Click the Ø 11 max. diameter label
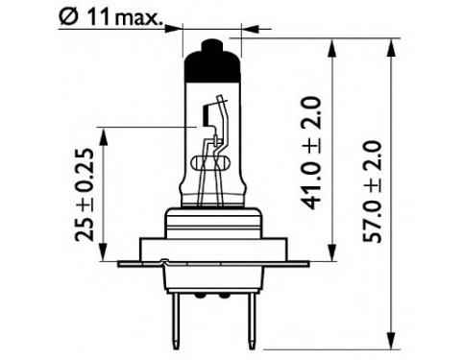(x=110, y=18)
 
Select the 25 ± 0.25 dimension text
(x=85, y=195)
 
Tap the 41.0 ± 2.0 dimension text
(x=310, y=153)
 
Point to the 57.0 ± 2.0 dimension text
(x=372, y=191)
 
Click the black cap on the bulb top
(x=211, y=64)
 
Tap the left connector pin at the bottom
(x=176, y=321)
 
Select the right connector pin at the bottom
(x=253, y=321)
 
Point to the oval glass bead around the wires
(x=210, y=162)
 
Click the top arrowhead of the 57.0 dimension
(x=391, y=49)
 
